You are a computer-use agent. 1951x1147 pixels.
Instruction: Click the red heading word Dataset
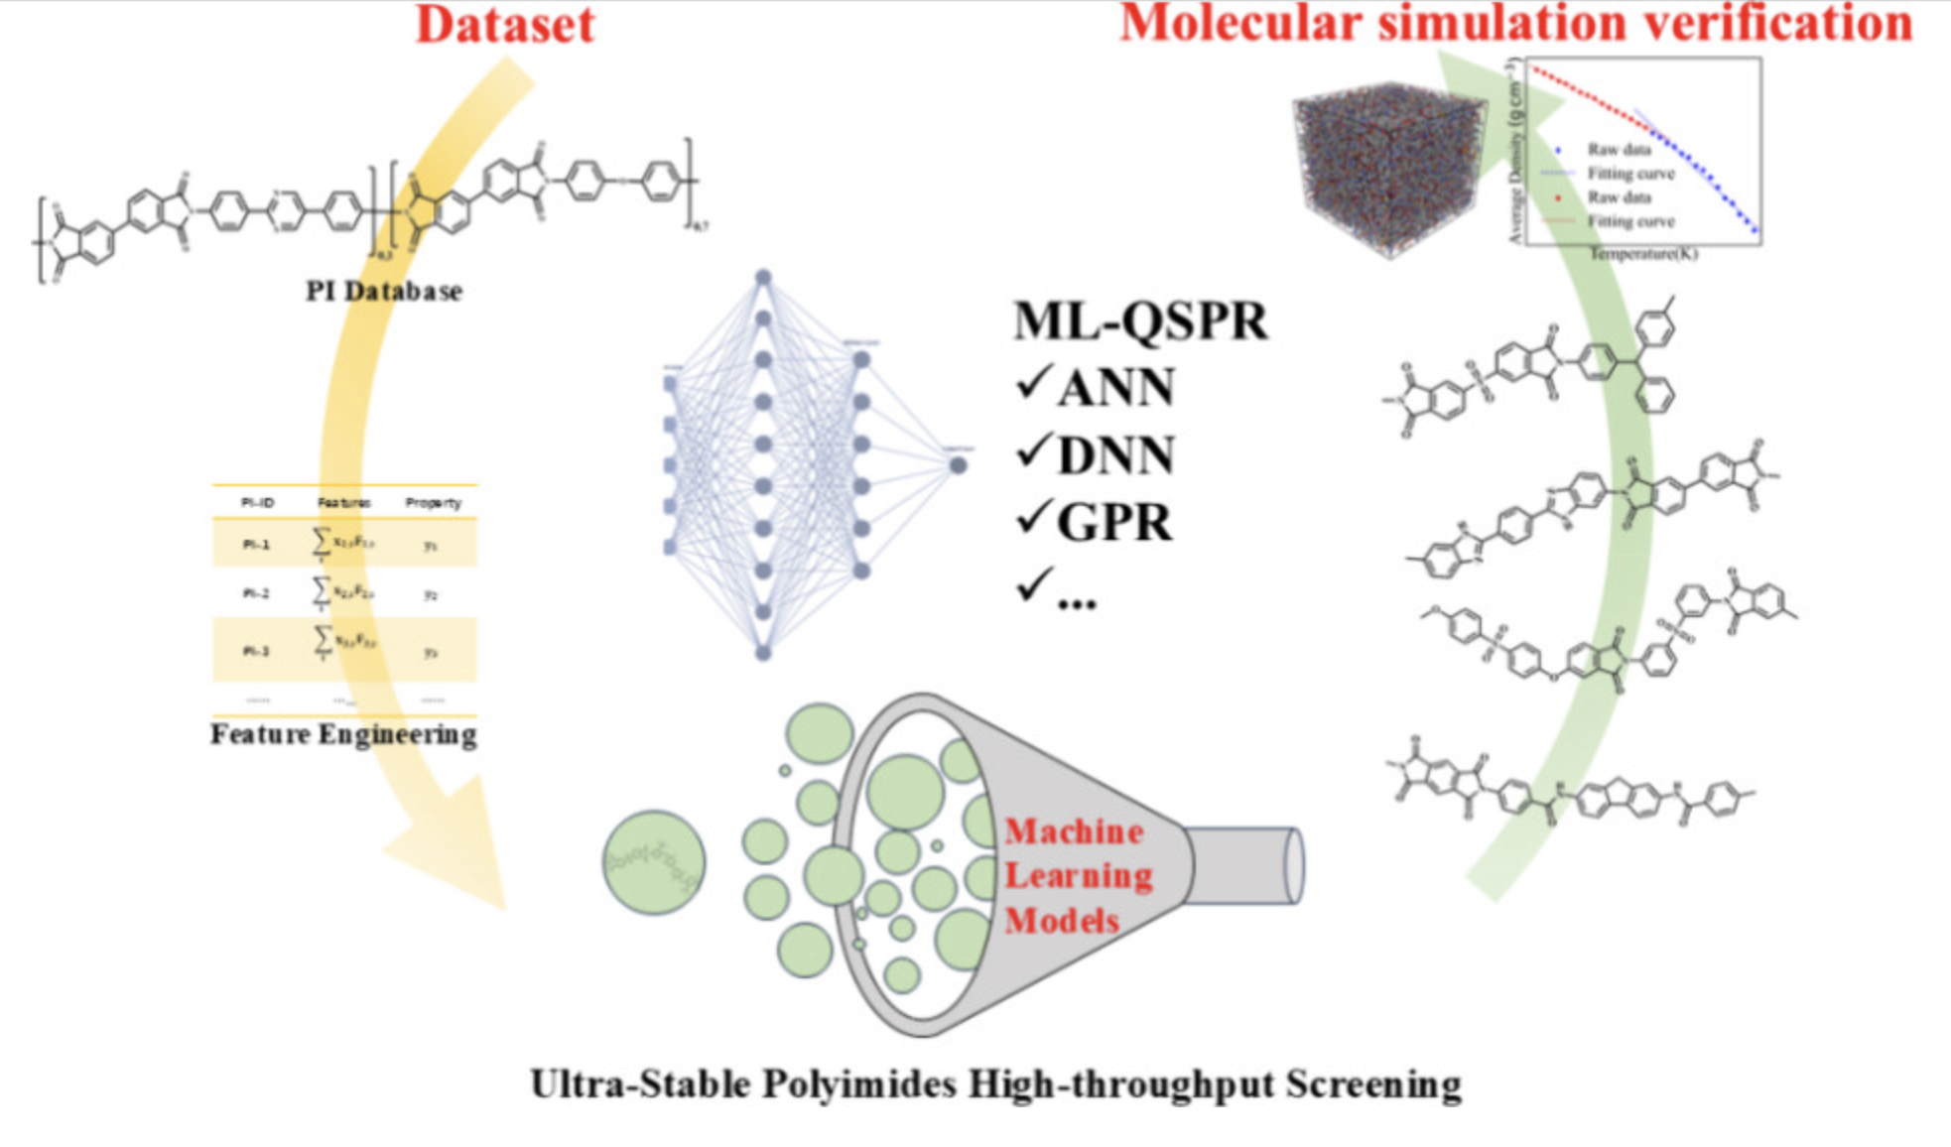[504, 25]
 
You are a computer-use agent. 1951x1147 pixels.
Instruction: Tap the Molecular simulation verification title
[1515, 24]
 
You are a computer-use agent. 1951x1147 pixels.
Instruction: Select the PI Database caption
[384, 291]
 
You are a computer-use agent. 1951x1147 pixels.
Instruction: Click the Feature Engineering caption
[343, 734]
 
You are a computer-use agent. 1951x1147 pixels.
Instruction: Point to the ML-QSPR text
[1140, 321]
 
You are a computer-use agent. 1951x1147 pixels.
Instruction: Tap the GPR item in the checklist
[1113, 522]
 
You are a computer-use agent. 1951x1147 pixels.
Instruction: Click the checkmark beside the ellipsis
[1033, 585]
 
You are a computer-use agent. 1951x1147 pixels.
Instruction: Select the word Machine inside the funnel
[1074, 831]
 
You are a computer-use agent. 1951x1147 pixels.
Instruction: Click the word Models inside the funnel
[1062, 921]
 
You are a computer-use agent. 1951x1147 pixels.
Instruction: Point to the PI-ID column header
[257, 503]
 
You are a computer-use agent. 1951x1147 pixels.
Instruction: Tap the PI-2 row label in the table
[256, 593]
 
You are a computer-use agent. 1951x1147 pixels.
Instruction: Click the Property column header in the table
[433, 503]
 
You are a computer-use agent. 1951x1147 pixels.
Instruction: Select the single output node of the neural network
[958, 464]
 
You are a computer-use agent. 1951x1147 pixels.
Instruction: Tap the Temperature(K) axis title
[1642, 254]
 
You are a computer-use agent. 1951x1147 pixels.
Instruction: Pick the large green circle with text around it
[654, 862]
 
